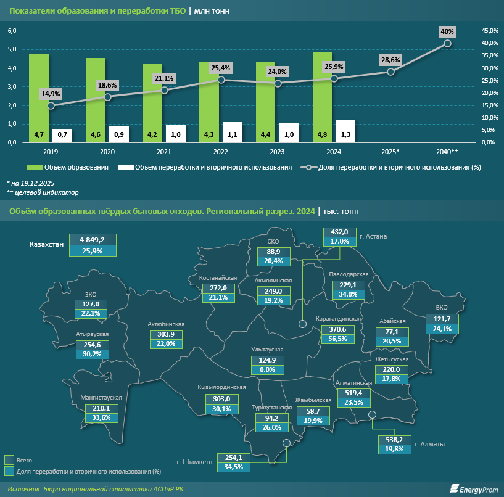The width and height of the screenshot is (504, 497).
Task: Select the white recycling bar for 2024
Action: [345, 131]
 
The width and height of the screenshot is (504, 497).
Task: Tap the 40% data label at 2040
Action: [448, 31]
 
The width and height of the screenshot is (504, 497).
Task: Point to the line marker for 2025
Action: [391, 72]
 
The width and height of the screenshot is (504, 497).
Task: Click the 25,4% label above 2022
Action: [221, 68]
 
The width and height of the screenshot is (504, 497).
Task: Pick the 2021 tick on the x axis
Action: [163, 151]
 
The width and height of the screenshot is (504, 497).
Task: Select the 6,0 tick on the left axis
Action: [12, 30]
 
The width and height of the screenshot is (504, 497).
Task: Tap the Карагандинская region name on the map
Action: [337, 319]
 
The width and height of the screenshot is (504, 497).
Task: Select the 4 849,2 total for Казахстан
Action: [91, 239]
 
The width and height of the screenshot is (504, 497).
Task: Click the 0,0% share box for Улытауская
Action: [267, 370]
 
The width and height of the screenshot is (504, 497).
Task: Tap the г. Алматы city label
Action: [429, 444]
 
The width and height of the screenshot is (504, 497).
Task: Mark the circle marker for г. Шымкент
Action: [286, 443]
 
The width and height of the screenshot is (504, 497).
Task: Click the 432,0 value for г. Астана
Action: [340, 232]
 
